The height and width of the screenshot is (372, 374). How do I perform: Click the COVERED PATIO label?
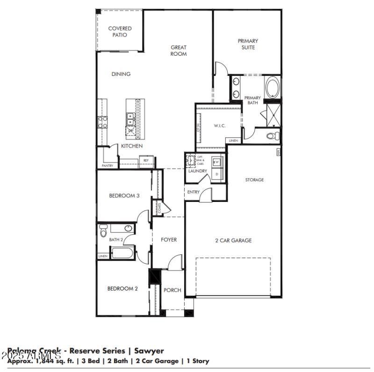[x=120, y=31]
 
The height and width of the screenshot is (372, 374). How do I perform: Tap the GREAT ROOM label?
[x=179, y=51]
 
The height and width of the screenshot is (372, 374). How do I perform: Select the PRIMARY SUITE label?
[x=248, y=44]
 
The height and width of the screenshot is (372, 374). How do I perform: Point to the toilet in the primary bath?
[x=273, y=136]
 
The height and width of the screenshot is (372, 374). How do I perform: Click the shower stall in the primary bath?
[x=273, y=114]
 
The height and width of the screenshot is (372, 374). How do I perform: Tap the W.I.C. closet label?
[x=220, y=126]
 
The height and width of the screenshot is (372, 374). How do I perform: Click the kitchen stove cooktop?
[x=102, y=122]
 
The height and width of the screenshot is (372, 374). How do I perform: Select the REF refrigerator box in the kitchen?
[x=146, y=161]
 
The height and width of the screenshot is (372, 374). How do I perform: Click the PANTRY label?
[x=107, y=166]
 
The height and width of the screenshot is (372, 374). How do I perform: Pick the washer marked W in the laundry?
[x=216, y=162]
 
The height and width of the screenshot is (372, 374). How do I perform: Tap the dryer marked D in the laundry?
[x=216, y=174]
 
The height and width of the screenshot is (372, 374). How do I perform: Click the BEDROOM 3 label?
[x=124, y=196]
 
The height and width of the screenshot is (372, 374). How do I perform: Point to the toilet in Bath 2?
[x=104, y=230]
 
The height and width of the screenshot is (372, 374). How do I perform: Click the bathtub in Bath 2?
[x=122, y=253]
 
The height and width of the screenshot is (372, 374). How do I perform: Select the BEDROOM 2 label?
[x=122, y=289]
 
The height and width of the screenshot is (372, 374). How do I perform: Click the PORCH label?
[x=172, y=290]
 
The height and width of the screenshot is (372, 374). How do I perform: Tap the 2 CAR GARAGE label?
[x=233, y=240]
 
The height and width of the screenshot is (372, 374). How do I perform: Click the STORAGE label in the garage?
[x=254, y=179]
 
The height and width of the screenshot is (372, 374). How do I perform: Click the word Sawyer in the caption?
[x=149, y=350]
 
